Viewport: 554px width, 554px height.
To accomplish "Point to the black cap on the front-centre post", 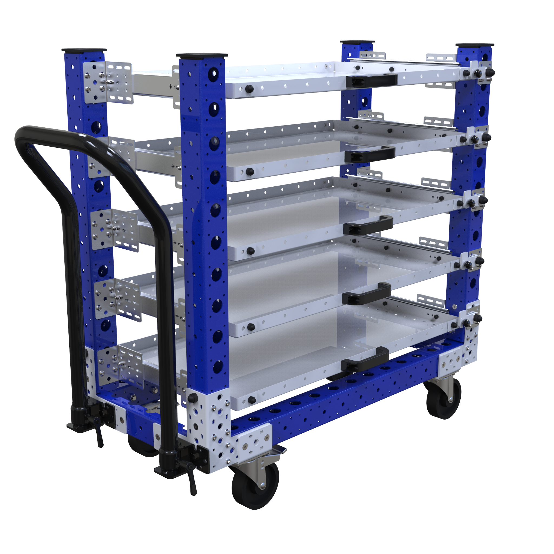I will coord(202,55).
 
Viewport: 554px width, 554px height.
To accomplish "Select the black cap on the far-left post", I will coord(84,50).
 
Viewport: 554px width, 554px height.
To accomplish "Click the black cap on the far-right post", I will coord(474,45).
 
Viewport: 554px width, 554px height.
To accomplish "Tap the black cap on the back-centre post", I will coord(357,42).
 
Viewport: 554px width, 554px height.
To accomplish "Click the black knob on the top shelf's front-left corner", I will coord(249,89).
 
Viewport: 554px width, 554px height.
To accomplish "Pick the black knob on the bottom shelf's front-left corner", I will coord(252,400).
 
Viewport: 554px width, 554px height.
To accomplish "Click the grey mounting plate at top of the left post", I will coord(108,82).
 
